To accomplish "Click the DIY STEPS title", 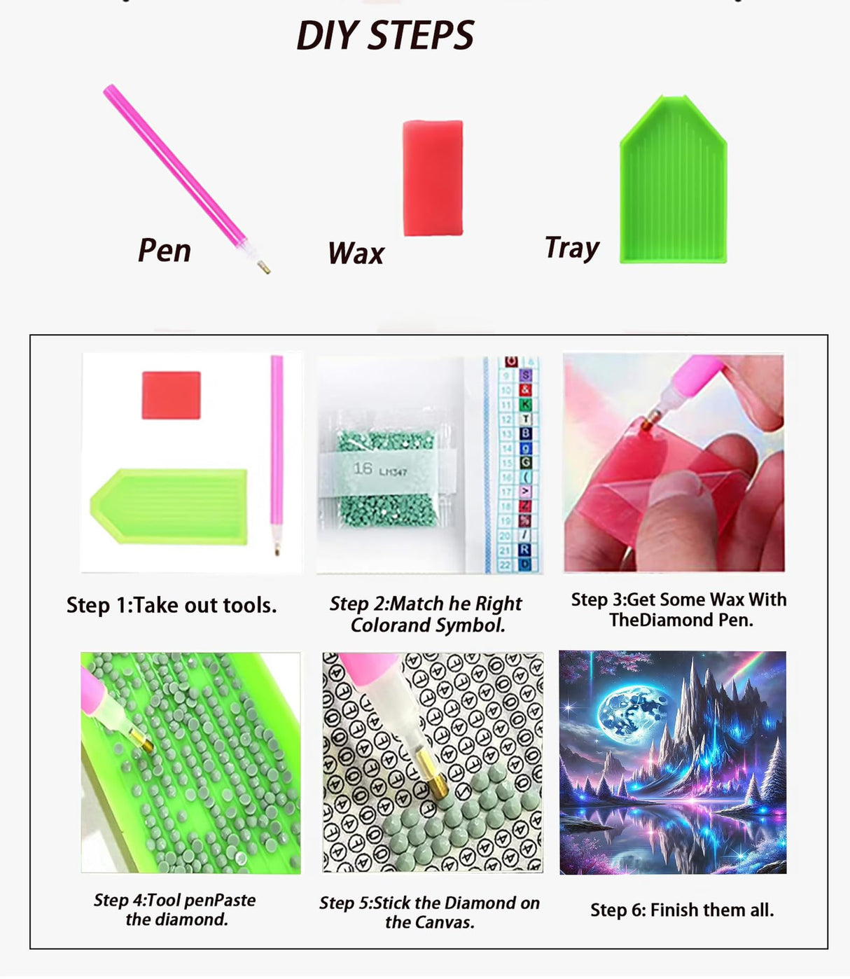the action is (x=385, y=36).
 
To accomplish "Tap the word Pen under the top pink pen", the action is (x=165, y=250).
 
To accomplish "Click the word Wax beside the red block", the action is (x=356, y=253).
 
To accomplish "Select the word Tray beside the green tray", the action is (x=572, y=249).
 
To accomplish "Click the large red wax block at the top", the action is (x=433, y=178).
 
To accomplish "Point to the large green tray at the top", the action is (x=674, y=179).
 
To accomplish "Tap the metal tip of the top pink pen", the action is (x=263, y=267).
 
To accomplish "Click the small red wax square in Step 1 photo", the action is (x=172, y=395).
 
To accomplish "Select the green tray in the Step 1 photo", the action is (x=169, y=506).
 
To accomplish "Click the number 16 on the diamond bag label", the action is (x=363, y=468).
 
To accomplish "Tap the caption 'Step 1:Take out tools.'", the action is (x=172, y=605).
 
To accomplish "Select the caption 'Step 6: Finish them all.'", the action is (x=682, y=910).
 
